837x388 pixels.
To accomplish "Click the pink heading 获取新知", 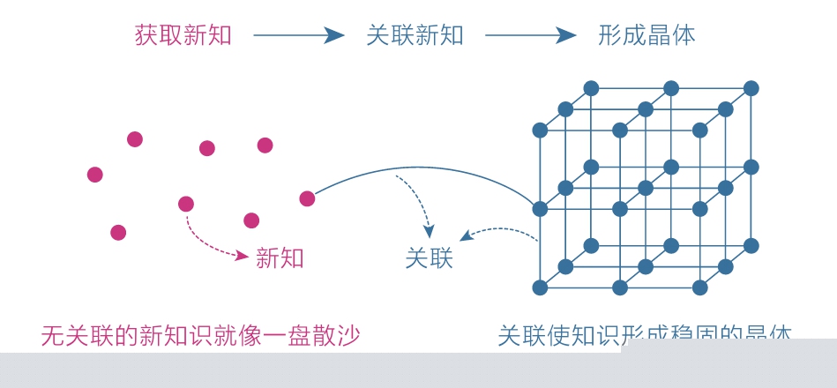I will [x=183, y=35].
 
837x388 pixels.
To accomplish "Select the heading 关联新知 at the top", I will [x=415, y=35].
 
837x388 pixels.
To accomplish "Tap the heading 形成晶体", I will [x=646, y=35].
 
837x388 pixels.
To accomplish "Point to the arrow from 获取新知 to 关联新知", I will [x=298, y=35].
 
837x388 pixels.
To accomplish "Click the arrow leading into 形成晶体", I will [x=530, y=35].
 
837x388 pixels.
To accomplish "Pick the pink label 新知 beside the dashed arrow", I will [x=280, y=257].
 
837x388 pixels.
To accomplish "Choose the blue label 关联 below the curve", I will [x=429, y=257].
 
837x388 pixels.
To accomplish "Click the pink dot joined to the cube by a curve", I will [x=307, y=198].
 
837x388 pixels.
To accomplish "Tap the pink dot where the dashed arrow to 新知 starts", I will [x=186, y=204].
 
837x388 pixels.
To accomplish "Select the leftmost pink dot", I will [x=95, y=175].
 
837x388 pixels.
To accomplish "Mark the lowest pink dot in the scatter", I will [x=118, y=232].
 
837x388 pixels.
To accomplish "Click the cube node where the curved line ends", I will [x=540, y=209].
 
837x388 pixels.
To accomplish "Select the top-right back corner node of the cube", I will [x=751, y=88].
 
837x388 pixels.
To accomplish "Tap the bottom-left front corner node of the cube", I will [x=540, y=287].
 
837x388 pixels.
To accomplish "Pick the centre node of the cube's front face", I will [x=620, y=209].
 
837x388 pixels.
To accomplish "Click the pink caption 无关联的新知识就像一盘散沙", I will [x=200, y=336].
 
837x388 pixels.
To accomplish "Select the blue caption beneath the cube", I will [x=644, y=336].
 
